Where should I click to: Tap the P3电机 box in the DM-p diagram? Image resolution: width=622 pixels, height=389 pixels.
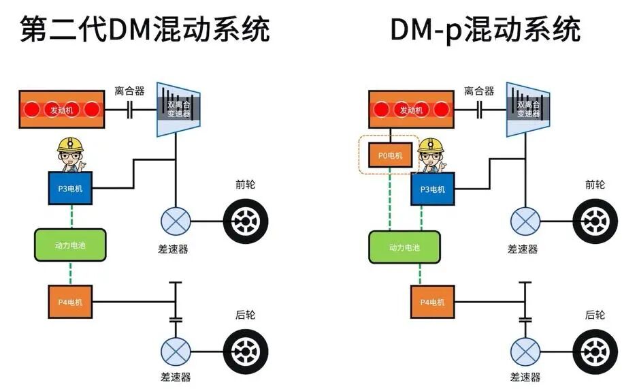pos(432,189)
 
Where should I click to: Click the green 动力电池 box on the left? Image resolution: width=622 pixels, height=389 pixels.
pos(70,245)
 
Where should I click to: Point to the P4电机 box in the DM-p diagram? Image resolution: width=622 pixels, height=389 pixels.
pos(432,302)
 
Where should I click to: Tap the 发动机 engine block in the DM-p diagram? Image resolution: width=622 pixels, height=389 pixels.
pos(411,110)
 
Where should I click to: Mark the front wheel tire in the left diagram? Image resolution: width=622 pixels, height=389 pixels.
pos(246,221)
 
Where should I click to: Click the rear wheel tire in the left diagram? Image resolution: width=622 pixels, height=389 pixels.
pos(246,352)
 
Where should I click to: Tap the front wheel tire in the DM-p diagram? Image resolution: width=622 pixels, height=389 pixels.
pos(595,221)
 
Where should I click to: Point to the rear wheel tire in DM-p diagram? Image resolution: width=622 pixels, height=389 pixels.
pos(595,352)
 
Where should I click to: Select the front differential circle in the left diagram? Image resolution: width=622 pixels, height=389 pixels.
pos(176,221)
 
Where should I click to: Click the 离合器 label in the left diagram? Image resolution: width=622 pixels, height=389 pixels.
pos(129,91)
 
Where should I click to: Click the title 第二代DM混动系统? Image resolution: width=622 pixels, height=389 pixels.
pos(145,29)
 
